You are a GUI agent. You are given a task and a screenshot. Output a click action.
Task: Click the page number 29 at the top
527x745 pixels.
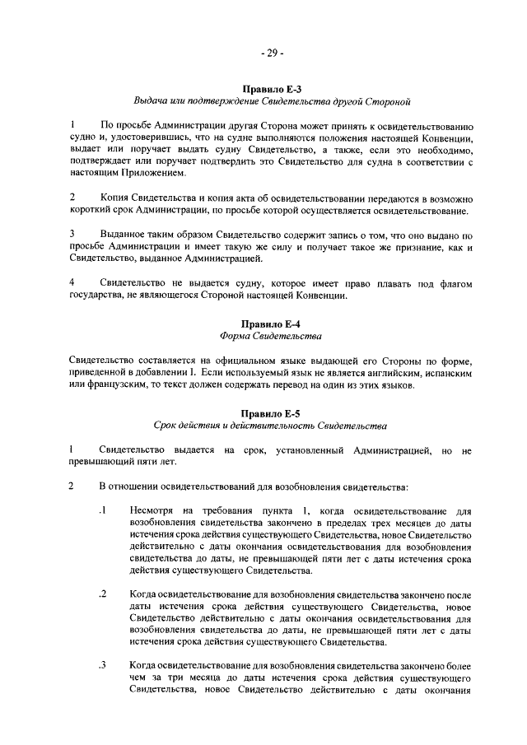point(272,54)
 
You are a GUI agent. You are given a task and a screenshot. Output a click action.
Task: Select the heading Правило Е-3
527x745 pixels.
point(272,88)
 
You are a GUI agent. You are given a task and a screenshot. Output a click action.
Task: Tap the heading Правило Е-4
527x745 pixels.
point(272,324)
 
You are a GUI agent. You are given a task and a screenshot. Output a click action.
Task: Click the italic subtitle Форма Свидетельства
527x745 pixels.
point(272,337)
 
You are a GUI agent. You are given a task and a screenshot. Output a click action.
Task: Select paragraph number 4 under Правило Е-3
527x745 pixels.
point(72,282)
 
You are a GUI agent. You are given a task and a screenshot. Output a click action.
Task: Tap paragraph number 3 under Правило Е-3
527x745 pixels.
point(72,234)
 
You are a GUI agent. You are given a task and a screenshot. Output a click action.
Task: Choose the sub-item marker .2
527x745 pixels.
point(102,594)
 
